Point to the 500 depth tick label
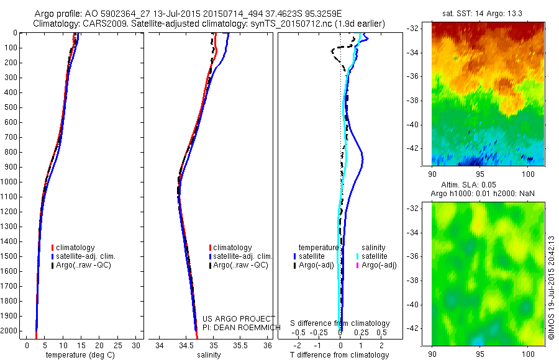click(x=11, y=107)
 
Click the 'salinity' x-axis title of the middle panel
click(x=208, y=355)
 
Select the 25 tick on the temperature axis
click(x=118, y=345)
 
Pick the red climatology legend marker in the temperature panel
click(x=53, y=248)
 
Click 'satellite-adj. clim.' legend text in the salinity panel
click(x=243, y=256)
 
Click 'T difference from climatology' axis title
click(x=339, y=355)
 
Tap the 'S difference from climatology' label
click(x=340, y=323)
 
